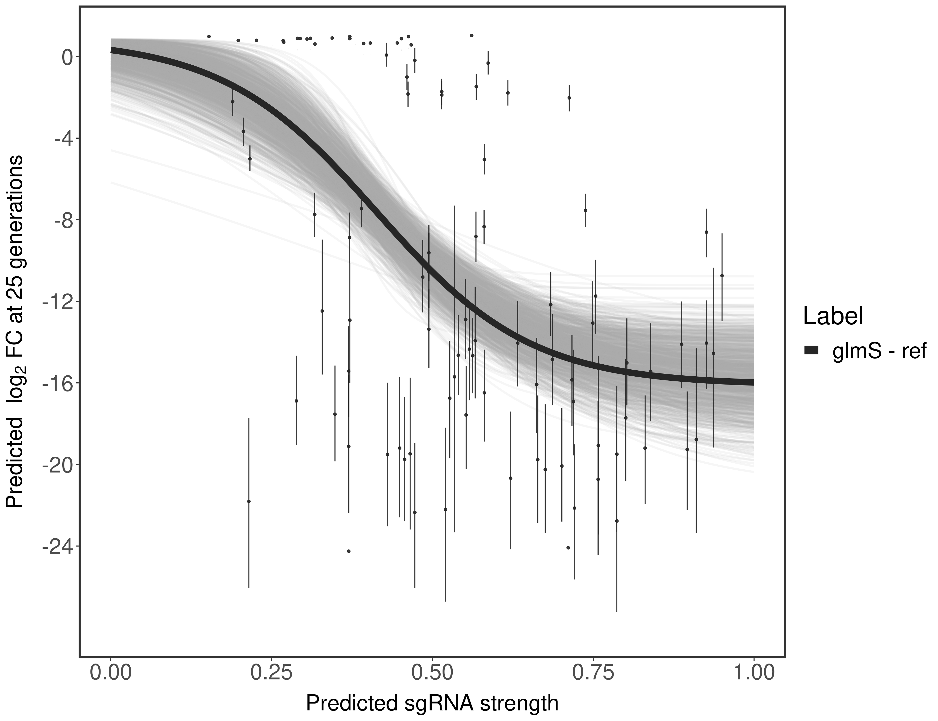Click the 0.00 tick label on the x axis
coord(111,672)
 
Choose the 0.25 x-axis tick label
coord(272,672)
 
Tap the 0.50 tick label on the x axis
coord(432,672)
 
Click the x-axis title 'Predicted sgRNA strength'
coord(432,704)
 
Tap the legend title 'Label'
coord(833,317)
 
